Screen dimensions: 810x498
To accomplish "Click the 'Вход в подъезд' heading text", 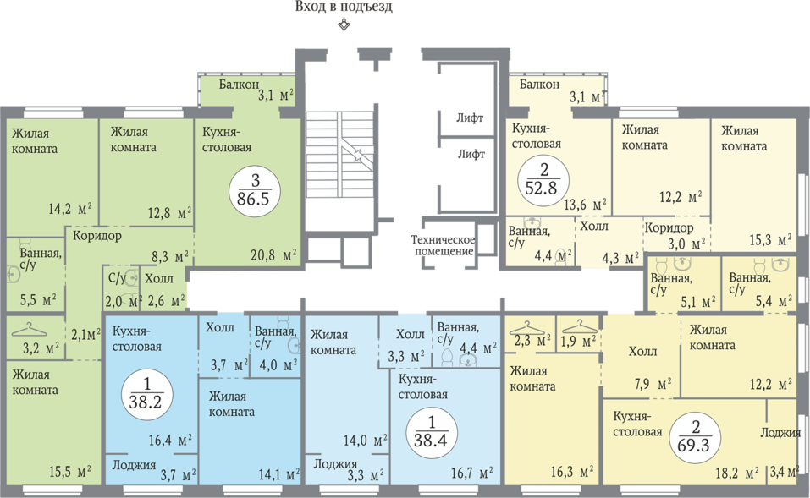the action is click(344, 8).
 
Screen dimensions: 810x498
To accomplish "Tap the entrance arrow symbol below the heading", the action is click(344, 25).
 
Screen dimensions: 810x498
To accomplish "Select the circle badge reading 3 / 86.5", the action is click(255, 190).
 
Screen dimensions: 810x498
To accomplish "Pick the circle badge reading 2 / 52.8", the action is click(543, 180).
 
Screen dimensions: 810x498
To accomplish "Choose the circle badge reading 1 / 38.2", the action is click(146, 394).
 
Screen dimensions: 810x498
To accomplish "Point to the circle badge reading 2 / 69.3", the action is click(695, 436).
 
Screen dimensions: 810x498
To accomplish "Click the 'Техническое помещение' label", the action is click(443, 246).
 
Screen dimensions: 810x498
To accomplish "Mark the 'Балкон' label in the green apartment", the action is click(239, 84).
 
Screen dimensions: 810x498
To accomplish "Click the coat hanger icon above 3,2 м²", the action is click(29, 329).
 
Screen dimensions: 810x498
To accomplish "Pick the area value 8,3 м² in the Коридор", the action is click(169, 256).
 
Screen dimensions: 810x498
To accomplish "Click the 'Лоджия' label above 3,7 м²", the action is click(134, 465).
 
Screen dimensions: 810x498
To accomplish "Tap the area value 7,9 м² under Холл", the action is click(657, 384).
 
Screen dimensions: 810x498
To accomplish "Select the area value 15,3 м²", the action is click(770, 240).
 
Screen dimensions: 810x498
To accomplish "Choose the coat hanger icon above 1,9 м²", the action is click(580, 326).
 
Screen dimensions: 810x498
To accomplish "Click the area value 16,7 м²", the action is click(471, 473).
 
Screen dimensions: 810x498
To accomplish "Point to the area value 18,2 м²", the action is click(736, 473).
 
